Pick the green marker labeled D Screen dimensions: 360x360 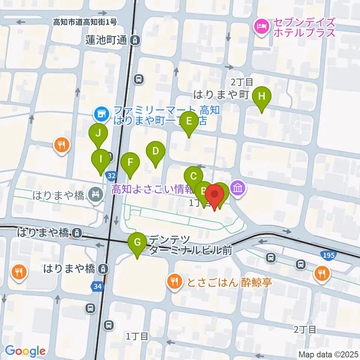point(156,152)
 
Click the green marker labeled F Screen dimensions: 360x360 point(130,163)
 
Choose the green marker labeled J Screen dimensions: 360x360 point(98,133)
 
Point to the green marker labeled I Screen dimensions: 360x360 point(100,159)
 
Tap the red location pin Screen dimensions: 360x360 point(214,195)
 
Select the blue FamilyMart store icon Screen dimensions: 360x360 point(100,112)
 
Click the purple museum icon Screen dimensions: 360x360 point(238,187)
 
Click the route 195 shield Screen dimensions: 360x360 point(328,255)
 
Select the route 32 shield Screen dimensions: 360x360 point(111,175)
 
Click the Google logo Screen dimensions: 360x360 point(25,351)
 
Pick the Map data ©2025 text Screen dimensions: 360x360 point(328,354)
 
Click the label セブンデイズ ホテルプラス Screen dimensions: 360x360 point(304,27)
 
